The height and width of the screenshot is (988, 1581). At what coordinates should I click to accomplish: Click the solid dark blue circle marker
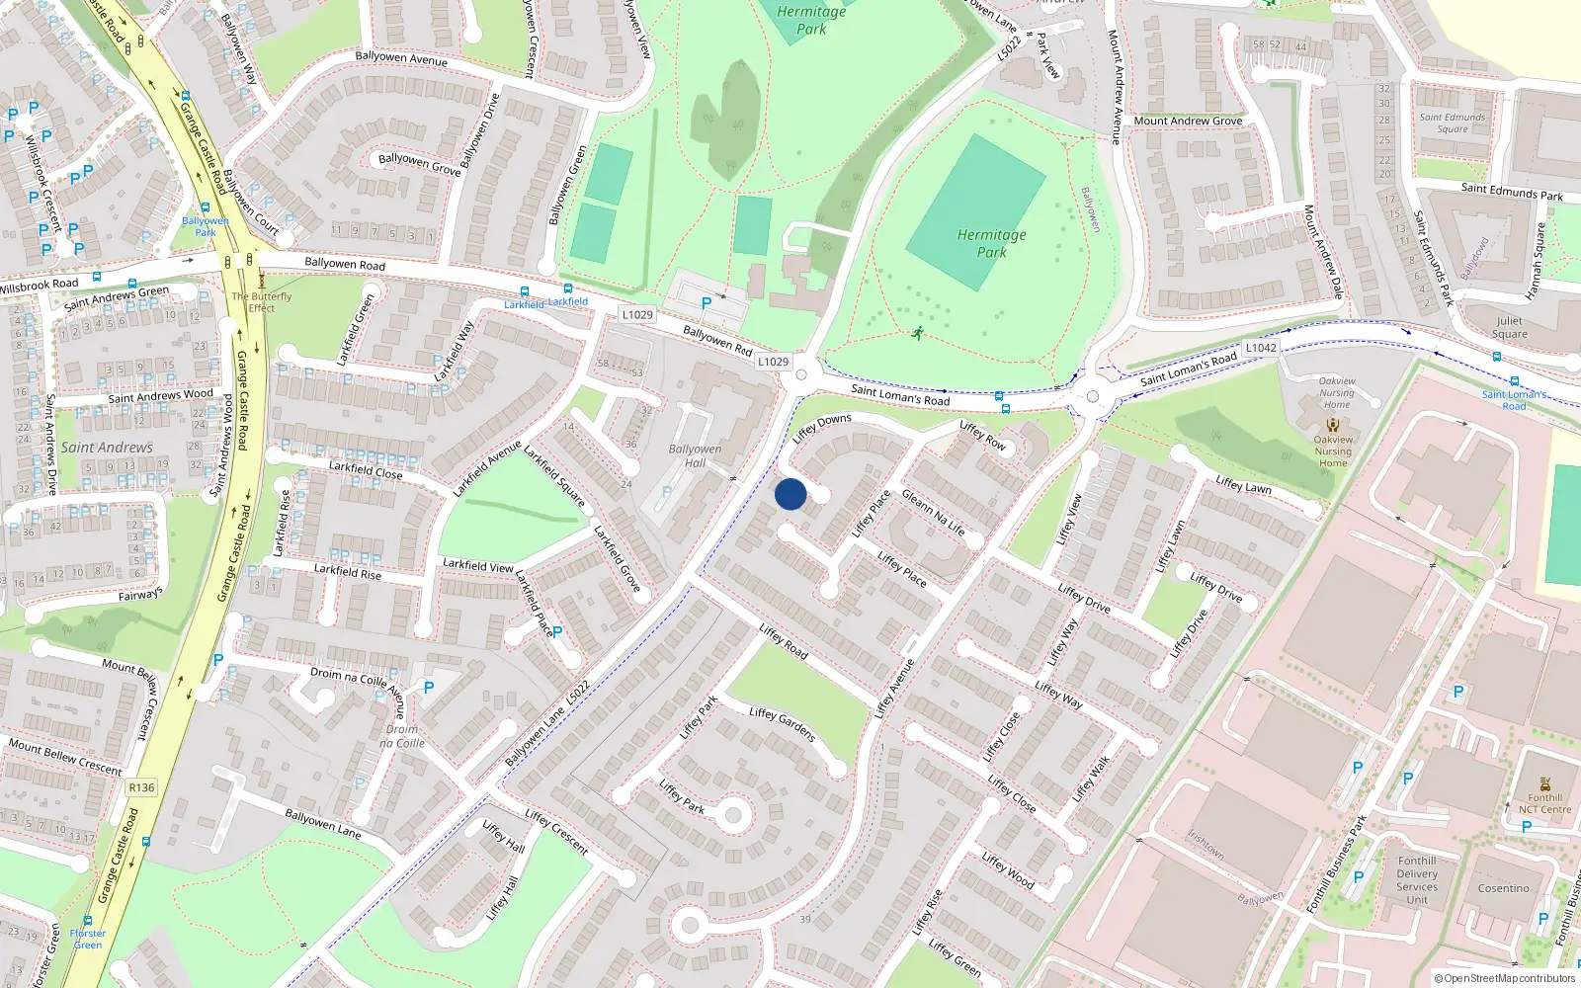click(x=790, y=494)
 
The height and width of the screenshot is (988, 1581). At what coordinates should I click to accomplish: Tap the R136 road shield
click(x=141, y=787)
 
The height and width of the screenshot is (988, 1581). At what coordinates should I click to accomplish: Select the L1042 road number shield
click(x=1261, y=348)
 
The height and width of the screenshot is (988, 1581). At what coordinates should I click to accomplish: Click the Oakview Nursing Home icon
click(x=1333, y=425)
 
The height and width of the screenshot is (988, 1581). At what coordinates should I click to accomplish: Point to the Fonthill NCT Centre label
click(x=1544, y=803)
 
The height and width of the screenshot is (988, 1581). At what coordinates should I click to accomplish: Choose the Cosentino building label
click(x=1503, y=888)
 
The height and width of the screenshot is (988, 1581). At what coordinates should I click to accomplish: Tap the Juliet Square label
click(x=1509, y=327)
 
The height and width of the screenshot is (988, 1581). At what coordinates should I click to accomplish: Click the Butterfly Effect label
click(x=262, y=301)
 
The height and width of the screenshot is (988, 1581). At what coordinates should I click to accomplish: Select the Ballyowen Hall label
click(x=695, y=455)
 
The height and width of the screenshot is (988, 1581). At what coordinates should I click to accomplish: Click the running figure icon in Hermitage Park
click(x=918, y=333)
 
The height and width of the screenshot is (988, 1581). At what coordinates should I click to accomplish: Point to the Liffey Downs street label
click(x=822, y=428)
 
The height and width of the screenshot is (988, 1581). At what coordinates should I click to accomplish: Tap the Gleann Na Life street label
click(x=933, y=512)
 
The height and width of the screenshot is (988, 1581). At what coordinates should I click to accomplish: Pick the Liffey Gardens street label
click(x=782, y=724)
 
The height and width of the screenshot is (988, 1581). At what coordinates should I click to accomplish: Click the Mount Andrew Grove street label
click(x=1188, y=121)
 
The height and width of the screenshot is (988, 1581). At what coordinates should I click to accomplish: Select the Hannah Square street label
click(x=1536, y=261)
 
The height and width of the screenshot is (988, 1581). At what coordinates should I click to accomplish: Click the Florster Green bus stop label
click(x=88, y=939)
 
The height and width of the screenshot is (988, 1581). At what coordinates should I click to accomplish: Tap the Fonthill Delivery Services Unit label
click(x=1417, y=879)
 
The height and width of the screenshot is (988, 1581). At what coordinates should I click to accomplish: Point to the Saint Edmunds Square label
click(x=1452, y=123)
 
